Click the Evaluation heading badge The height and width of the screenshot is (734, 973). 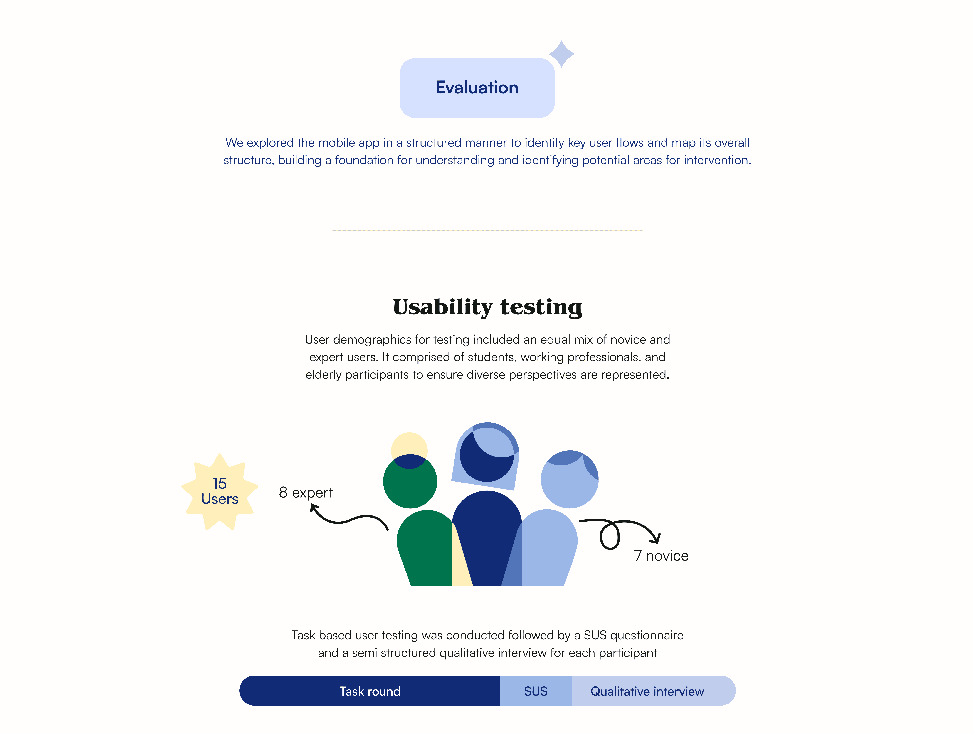click(477, 88)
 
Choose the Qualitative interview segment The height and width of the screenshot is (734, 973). click(647, 691)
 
